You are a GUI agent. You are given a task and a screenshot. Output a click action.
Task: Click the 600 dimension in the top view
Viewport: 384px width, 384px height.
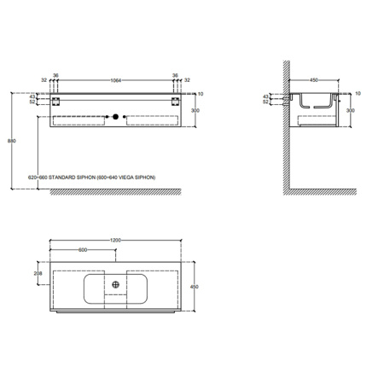(83, 251)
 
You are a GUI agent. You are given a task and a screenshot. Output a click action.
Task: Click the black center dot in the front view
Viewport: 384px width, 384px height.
(115, 114)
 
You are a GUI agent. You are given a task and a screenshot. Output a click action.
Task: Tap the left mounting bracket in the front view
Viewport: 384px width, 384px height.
(54, 102)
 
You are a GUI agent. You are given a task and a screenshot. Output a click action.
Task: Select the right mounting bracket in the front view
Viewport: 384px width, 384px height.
(177, 102)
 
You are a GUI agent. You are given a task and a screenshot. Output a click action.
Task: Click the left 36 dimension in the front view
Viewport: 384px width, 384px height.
(55, 74)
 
